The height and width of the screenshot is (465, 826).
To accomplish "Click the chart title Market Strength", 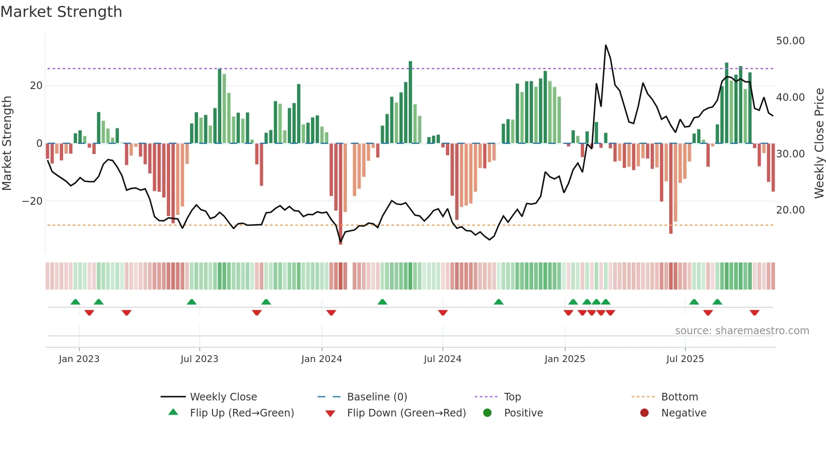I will click(x=61, y=12).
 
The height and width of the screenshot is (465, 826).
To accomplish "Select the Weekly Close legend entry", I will click(x=223, y=397).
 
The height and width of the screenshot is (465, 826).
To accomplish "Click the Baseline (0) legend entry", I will click(x=377, y=397).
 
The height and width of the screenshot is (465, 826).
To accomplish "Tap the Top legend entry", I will click(x=512, y=397).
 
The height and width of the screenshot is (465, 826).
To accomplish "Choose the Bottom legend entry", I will click(x=679, y=397).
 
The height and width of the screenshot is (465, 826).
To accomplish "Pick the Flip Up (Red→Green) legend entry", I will click(x=241, y=413).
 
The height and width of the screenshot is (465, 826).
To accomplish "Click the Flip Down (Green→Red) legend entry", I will click(x=406, y=413).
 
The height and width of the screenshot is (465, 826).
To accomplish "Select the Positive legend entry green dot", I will click(x=488, y=413).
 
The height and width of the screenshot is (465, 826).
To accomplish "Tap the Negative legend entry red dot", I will click(x=644, y=413).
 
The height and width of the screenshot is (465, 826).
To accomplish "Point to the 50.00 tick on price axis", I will click(x=790, y=41).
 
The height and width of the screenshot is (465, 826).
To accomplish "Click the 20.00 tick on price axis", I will click(x=790, y=210).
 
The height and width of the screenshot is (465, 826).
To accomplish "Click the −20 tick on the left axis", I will click(x=32, y=201).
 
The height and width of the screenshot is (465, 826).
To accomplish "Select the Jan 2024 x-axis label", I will click(x=322, y=359).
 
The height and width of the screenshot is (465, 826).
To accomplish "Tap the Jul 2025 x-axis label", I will click(x=685, y=359).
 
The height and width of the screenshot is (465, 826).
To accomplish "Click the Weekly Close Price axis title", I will click(x=819, y=143).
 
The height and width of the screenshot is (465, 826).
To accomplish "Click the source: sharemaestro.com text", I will click(x=742, y=331).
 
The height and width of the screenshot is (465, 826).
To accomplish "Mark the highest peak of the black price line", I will click(x=606, y=45).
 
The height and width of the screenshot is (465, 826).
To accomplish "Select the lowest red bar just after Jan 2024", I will click(x=341, y=194).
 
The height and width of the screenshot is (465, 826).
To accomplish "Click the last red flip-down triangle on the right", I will click(x=754, y=313).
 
